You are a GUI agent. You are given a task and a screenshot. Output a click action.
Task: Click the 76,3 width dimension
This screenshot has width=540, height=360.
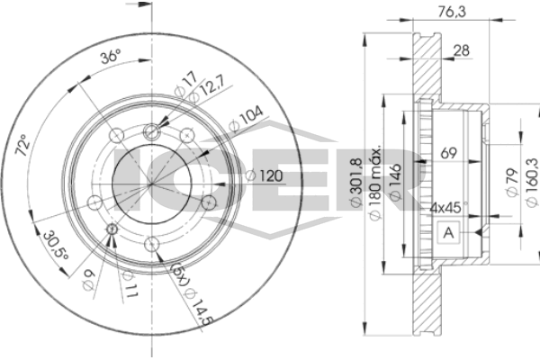(452, 12)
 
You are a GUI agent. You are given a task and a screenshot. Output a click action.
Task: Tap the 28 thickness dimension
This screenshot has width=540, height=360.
(461, 50)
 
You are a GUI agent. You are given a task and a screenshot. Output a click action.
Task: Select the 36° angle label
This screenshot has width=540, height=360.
(111, 56)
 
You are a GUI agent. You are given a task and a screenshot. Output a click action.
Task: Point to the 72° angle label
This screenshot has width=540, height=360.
(22, 145)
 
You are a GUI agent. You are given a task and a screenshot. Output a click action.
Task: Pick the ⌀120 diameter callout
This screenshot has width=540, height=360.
(265, 175)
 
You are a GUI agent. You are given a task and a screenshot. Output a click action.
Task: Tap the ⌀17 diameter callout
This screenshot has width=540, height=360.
(186, 85)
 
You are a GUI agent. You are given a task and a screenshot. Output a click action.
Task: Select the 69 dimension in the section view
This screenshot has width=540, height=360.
(448, 153)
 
